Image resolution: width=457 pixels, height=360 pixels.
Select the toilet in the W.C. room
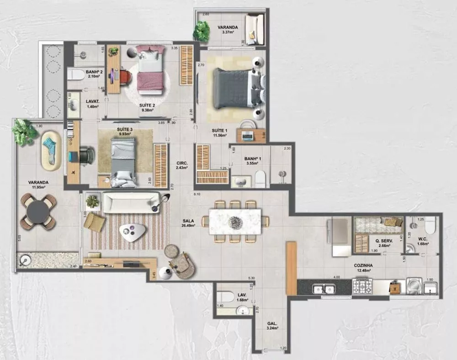coord(430,225)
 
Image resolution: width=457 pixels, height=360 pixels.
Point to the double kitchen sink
coord(324,289)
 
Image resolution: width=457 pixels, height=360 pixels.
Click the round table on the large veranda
coord(38,212)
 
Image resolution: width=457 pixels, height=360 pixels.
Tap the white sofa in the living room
coord(131,202)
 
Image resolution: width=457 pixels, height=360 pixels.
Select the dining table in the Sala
coord(235,221)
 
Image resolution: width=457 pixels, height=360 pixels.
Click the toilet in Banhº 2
coord(75,74)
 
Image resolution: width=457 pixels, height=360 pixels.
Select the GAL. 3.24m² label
coord(272,326)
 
